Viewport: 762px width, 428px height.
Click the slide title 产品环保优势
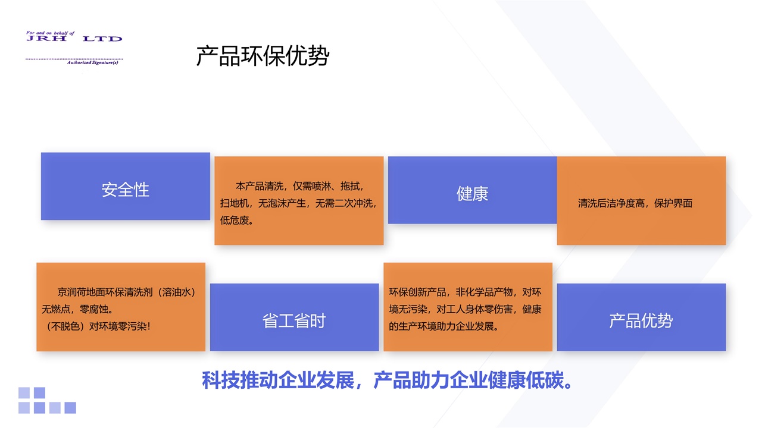click(x=263, y=56)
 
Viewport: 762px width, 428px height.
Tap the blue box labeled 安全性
click(x=125, y=186)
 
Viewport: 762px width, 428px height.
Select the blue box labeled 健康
click(x=472, y=190)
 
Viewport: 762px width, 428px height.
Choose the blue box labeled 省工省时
click(x=294, y=317)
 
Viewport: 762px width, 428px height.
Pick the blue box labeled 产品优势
click(x=641, y=317)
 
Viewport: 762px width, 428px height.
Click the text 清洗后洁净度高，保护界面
click(x=635, y=203)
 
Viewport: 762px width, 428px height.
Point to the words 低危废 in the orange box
click(x=235, y=221)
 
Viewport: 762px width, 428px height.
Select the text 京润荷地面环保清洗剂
click(x=105, y=292)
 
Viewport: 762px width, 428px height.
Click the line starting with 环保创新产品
click(x=465, y=292)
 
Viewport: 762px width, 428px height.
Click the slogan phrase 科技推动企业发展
click(x=278, y=380)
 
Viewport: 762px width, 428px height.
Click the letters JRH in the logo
click(x=46, y=39)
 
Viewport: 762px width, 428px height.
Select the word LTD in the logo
click(x=102, y=39)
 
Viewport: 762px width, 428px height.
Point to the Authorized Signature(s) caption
click(x=92, y=62)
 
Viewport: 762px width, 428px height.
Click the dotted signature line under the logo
click(x=74, y=59)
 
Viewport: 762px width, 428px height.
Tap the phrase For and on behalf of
click(x=51, y=33)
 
